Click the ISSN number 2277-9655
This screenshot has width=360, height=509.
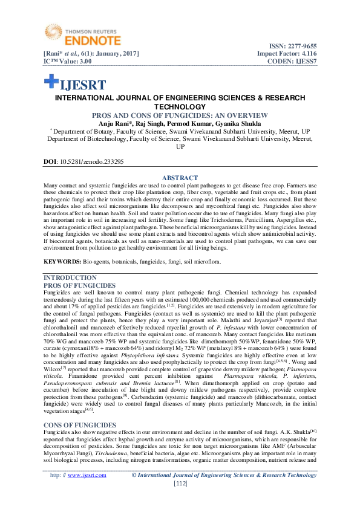(300, 46)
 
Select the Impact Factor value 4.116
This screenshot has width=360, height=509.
(306, 54)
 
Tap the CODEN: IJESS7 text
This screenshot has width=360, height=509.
(293, 62)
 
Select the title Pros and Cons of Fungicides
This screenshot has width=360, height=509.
(180, 115)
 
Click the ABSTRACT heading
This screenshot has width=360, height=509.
(180, 177)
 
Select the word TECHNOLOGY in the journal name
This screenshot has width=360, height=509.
(180, 106)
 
